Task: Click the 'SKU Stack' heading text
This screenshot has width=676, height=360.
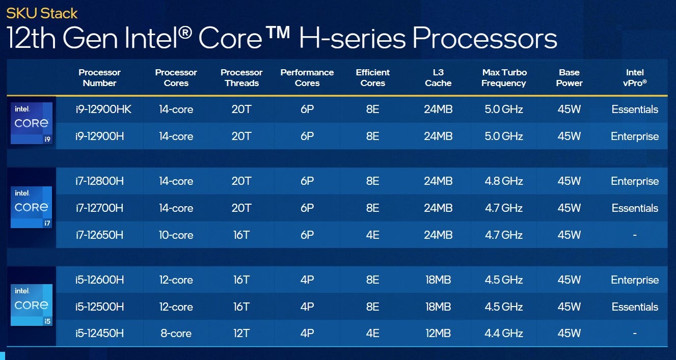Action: click(x=42, y=13)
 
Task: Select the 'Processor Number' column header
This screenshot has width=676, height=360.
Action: click(x=99, y=78)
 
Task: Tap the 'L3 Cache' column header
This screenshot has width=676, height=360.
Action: click(x=438, y=78)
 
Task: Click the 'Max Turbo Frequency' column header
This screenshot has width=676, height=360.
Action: click(x=504, y=78)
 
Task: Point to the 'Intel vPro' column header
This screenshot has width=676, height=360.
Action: click(x=635, y=78)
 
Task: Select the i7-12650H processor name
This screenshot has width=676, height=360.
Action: click(x=100, y=235)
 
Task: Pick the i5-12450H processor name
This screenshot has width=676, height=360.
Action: click(x=100, y=334)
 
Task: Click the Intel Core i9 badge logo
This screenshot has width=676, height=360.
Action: click(x=32, y=123)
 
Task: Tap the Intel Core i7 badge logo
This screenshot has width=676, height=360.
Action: click(x=32, y=207)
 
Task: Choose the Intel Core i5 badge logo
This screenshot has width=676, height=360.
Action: click(x=32, y=305)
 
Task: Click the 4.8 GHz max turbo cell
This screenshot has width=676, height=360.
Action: click(x=503, y=181)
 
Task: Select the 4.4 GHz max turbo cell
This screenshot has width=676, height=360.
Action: click(x=503, y=334)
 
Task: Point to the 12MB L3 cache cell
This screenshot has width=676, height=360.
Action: click(x=438, y=334)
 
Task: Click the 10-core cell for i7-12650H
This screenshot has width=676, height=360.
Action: click(x=176, y=235)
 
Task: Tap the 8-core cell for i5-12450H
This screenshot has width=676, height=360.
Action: click(x=176, y=334)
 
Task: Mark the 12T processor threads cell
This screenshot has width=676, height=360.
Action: click(x=241, y=334)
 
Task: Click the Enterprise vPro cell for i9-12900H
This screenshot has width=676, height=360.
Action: click(x=635, y=136)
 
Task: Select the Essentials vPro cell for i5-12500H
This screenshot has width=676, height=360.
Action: click(x=635, y=307)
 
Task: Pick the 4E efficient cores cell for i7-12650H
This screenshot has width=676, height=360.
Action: click(x=372, y=235)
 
